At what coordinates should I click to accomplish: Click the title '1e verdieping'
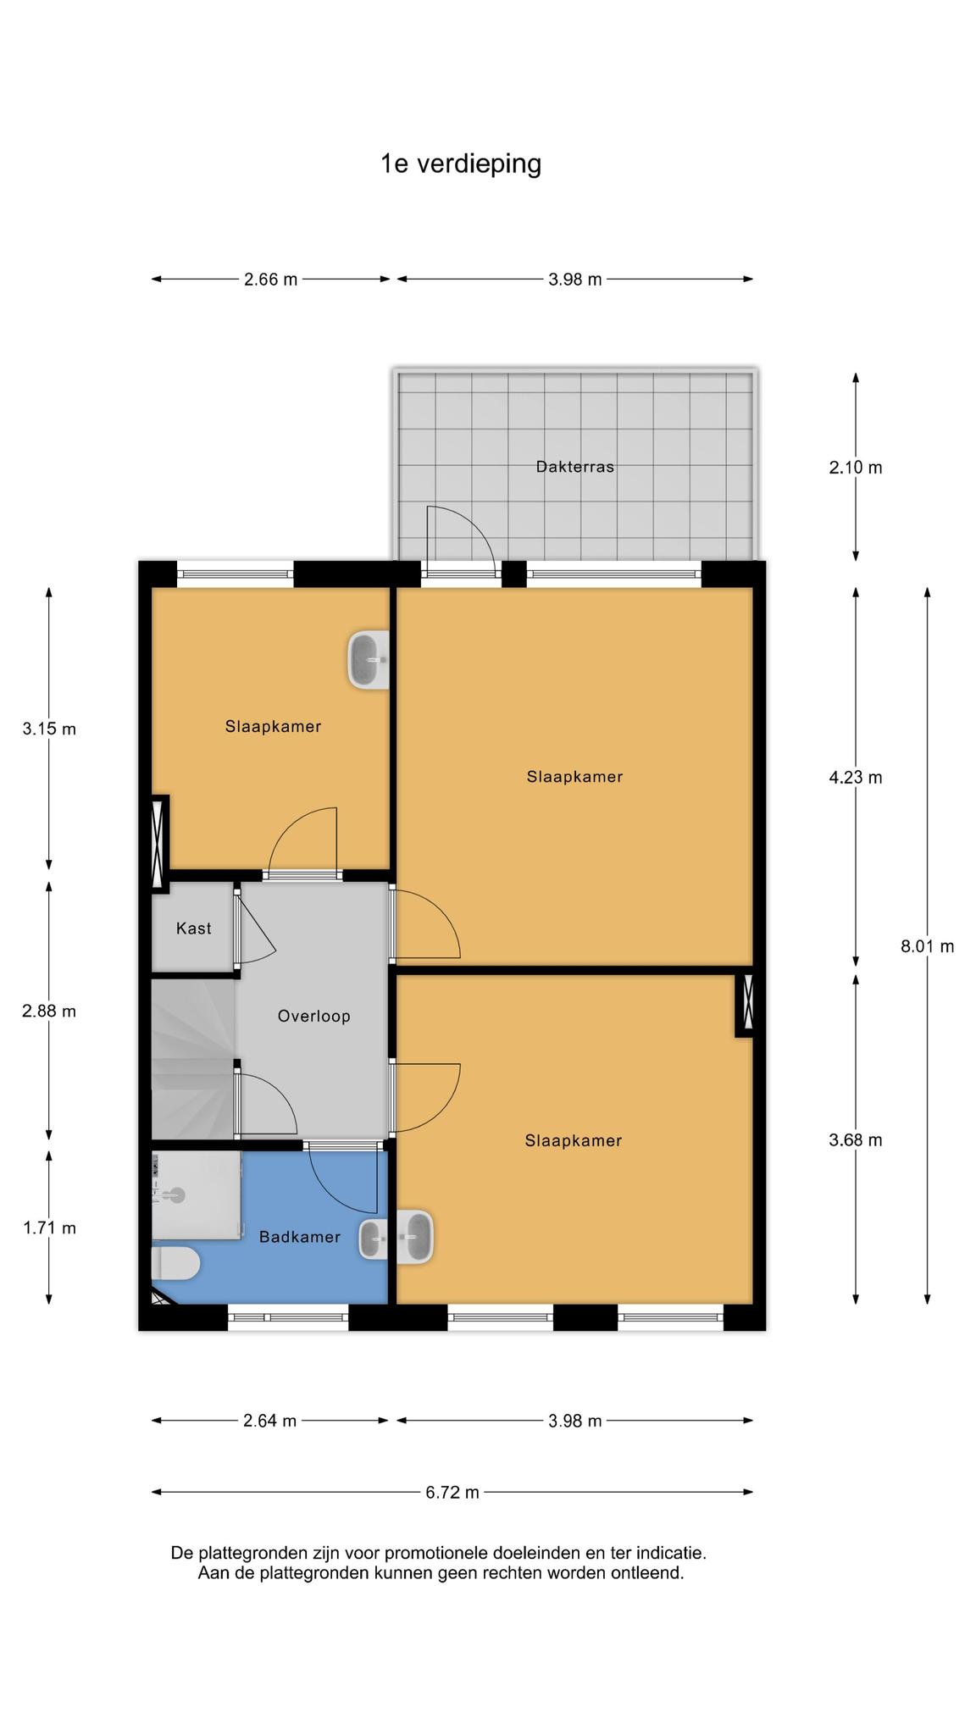point(461,164)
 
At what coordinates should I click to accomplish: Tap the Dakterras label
point(574,466)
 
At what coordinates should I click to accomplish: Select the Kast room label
point(193,928)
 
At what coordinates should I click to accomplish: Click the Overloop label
point(313,1016)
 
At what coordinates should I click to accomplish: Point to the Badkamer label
point(300,1237)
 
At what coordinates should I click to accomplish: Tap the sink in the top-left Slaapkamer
point(369,660)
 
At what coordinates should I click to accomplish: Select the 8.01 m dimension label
point(927,946)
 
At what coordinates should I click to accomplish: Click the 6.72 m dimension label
point(452,1492)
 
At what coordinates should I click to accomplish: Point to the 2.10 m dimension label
point(856,467)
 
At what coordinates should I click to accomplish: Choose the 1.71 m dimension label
point(49,1228)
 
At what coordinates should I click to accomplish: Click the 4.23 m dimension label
point(856,777)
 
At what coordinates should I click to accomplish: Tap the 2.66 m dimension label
point(271,279)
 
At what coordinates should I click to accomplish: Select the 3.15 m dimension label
point(49,729)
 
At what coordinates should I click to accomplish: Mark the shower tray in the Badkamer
point(196,1195)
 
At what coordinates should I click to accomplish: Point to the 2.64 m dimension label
point(270,1421)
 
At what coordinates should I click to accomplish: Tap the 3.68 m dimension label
point(856,1140)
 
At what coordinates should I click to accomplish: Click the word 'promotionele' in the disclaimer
point(436,1553)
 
